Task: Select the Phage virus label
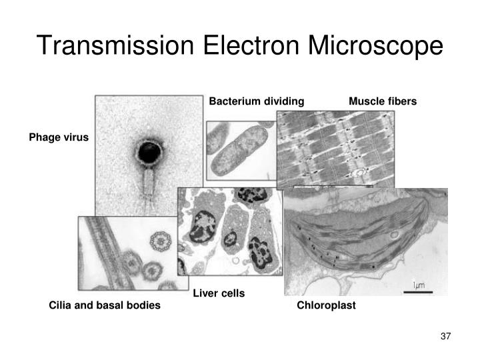tap(58, 138)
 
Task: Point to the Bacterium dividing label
tap(257, 101)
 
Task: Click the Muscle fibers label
tap(383, 101)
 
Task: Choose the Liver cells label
tap(219, 293)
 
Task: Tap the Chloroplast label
tap(326, 305)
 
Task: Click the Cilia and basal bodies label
tap(105, 305)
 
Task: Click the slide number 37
tap(446, 335)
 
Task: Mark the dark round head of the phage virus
tap(147, 153)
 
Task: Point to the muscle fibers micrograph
tap(335, 148)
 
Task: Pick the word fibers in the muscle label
tap(402, 101)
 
